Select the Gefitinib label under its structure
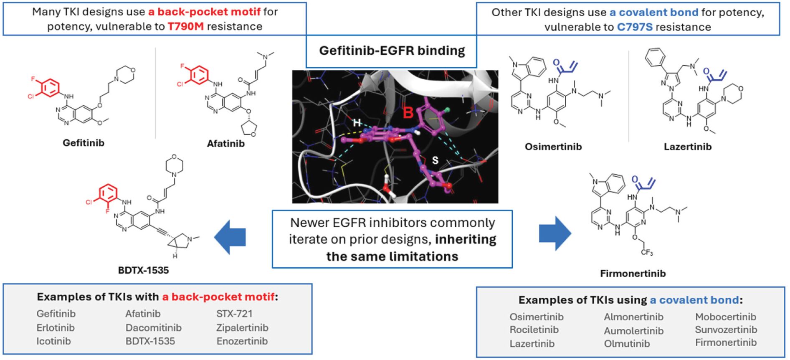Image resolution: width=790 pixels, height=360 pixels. click(84, 143)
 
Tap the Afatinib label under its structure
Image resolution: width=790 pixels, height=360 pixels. click(226, 144)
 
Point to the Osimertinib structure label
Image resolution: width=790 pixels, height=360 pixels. click(553, 147)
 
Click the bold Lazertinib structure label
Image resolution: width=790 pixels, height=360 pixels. click(688, 147)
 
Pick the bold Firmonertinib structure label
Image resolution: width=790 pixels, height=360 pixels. click(633, 274)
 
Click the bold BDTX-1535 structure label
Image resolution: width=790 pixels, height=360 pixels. click(143, 270)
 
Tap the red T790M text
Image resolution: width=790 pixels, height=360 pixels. click(186, 27)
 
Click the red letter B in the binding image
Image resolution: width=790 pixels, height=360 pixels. click(408, 112)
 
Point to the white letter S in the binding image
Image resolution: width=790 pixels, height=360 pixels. click(435, 160)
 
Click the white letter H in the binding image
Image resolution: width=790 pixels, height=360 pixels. click(357, 122)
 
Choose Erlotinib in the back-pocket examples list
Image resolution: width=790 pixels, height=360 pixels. click(56, 328)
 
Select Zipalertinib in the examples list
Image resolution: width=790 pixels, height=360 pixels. click(242, 328)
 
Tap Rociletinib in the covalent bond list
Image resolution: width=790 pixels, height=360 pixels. click(534, 330)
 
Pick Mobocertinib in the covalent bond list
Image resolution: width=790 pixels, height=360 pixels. click(726, 317)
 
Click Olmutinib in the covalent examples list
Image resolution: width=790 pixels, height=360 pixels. click(627, 344)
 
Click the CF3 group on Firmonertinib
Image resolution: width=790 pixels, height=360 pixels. click(647, 252)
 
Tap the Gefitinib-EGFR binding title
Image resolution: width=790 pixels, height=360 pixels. click(392, 51)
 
